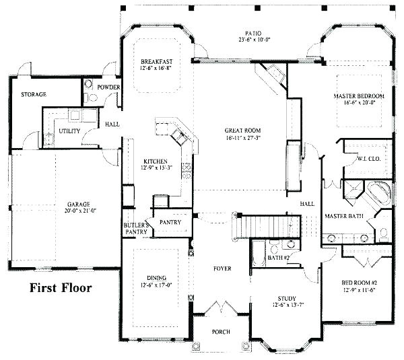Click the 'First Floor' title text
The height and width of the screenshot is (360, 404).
click(x=60, y=289)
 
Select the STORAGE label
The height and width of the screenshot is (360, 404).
click(x=33, y=95)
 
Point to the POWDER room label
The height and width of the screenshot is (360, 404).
click(x=108, y=87)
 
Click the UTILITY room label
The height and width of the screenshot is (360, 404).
click(x=69, y=131)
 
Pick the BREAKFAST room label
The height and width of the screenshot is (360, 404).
click(x=156, y=61)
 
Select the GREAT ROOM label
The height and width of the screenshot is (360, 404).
click(x=242, y=130)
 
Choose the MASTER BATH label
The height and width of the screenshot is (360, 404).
click(x=344, y=216)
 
